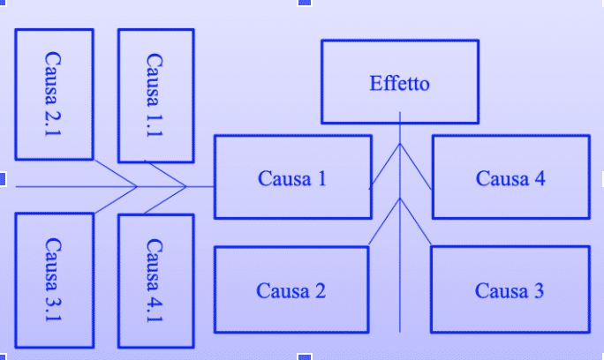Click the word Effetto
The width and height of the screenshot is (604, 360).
[x=399, y=85]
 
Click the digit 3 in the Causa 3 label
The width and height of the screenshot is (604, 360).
[x=539, y=291]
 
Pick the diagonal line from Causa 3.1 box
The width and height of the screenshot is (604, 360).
[x=115, y=199]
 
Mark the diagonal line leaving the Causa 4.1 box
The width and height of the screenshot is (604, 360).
[x=164, y=199]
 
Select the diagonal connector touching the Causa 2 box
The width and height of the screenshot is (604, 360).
[x=384, y=221]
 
